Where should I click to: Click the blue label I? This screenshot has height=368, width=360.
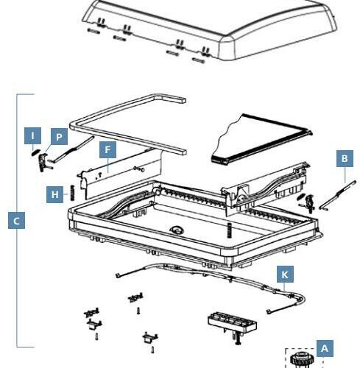[32, 135]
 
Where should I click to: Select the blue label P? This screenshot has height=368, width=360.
[58, 136]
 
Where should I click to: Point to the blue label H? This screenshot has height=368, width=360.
[55, 194]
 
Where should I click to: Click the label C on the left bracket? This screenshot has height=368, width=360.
[16, 219]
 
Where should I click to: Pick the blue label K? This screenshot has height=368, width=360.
[286, 275]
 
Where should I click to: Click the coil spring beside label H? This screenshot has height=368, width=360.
[72, 195]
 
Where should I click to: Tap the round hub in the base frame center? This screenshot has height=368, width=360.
[176, 230]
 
